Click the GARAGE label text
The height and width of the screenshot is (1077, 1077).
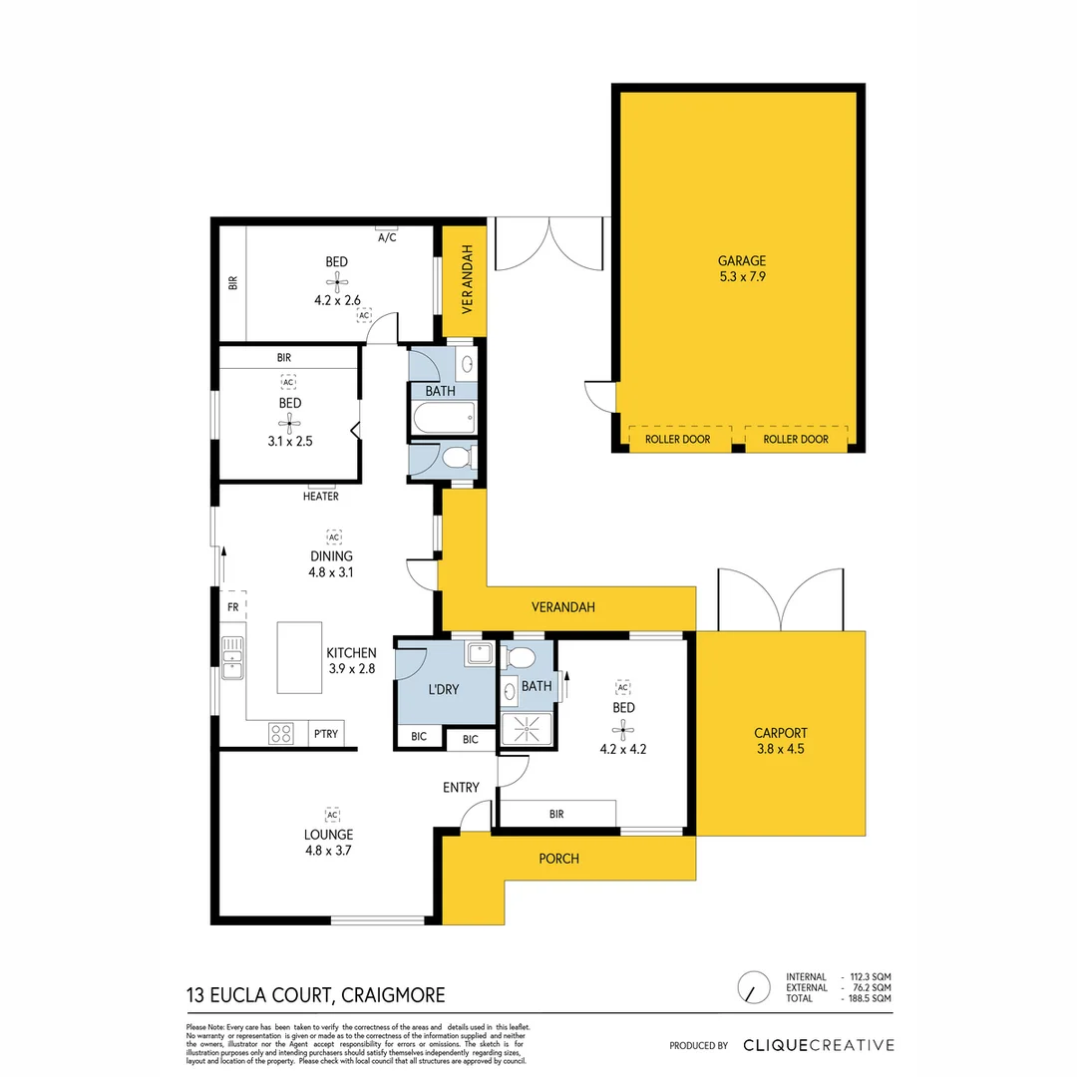click(x=739, y=260)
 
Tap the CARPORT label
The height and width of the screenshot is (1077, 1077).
click(x=780, y=731)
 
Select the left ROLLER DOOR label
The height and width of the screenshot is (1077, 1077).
click(x=678, y=439)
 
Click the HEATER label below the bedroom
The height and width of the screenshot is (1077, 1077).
click(x=320, y=496)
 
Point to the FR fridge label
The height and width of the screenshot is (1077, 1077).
click(x=232, y=606)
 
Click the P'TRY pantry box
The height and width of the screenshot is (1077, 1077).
click(x=326, y=734)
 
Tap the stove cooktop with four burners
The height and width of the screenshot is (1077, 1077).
click(x=281, y=734)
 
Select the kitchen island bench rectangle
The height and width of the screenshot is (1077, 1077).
click(x=299, y=657)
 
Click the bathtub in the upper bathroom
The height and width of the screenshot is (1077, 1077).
click(x=442, y=419)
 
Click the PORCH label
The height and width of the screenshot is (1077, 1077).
click(x=558, y=858)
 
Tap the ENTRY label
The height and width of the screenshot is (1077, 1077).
click(x=461, y=787)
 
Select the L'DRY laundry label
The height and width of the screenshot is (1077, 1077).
click(x=443, y=687)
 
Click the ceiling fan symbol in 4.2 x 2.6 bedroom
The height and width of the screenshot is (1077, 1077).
click(x=336, y=280)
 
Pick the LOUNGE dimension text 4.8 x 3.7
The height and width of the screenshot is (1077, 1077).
click(x=330, y=851)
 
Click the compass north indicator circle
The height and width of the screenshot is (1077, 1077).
click(x=753, y=988)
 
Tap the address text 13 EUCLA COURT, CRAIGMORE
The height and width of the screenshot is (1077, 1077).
click(x=315, y=994)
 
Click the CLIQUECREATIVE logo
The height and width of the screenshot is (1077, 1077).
click(x=818, y=1045)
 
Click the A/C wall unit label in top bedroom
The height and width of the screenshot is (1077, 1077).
click(x=387, y=237)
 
